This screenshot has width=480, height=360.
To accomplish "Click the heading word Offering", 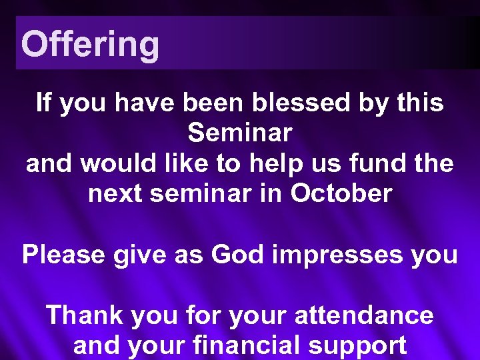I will point(90,45).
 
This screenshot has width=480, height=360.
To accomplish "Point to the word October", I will point(341,194).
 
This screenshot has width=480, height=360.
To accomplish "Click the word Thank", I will point(85,315).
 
